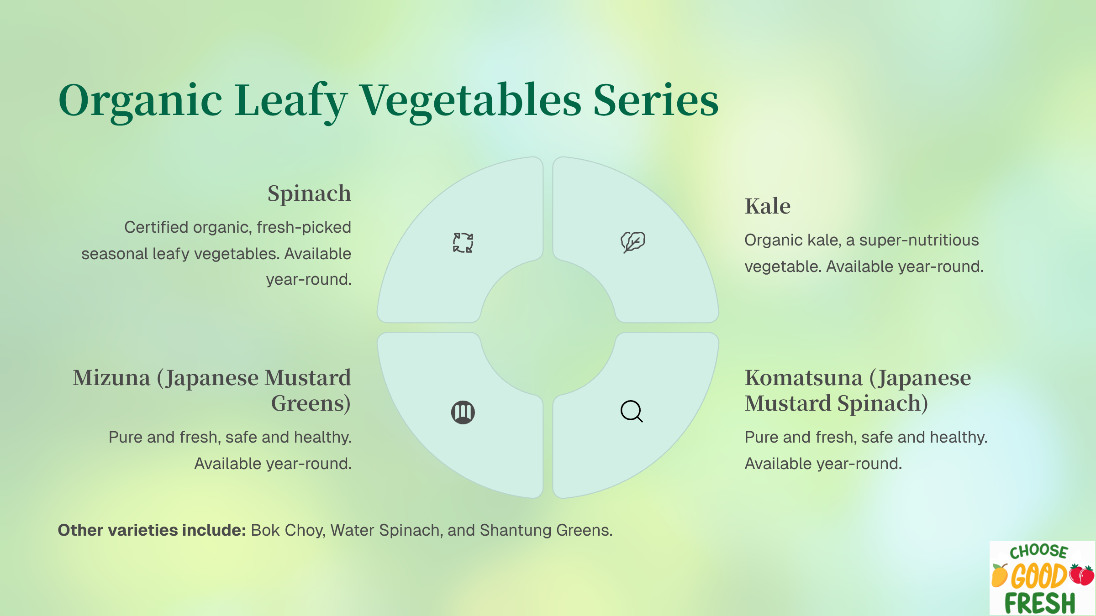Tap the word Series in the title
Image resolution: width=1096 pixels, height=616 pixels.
pyautogui.click(x=656, y=100)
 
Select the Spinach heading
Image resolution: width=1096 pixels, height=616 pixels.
pyautogui.click(x=309, y=194)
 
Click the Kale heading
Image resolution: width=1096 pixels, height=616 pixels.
pyautogui.click(x=768, y=206)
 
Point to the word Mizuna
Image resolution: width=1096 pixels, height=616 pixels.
pyautogui.click(x=112, y=378)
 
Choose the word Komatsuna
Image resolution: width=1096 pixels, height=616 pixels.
pyautogui.click(x=804, y=378)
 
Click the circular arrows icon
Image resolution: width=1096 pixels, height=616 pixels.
pyautogui.click(x=463, y=242)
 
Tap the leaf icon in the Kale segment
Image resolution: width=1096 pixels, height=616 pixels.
pyautogui.click(x=632, y=242)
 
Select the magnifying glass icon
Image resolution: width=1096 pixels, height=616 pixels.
pyautogui.click(x=632, y=412)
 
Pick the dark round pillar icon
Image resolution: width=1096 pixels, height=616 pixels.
pyautogui.click(x=463, y=412)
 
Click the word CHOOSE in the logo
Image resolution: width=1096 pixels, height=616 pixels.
pyautogui.click(x=1038, y=552)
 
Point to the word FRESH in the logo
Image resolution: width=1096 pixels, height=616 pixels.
pyautogui.click(x=1040, y=603)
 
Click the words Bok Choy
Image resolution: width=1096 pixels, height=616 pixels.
pyautogui.click(x=288, y=531)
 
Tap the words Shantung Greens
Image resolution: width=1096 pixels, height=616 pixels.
pyautogui.click(x=546, y=531)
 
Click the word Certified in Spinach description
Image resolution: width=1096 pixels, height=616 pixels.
pyautogui.click(x=156, y=227)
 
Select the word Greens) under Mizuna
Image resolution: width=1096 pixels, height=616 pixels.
pyautogui.click(x=311, y=403)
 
